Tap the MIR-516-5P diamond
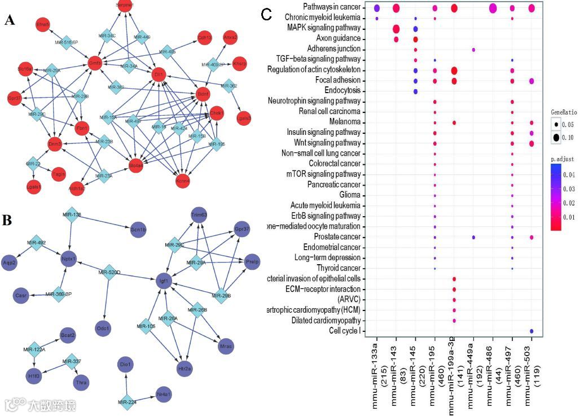tap(67, 41)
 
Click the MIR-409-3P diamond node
tap(213, 64)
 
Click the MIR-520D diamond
tap(109, 273)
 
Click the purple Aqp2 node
tap(9, 262)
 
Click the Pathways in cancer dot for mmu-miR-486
tap(493, 8)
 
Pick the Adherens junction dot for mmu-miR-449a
tap(473, 50)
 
